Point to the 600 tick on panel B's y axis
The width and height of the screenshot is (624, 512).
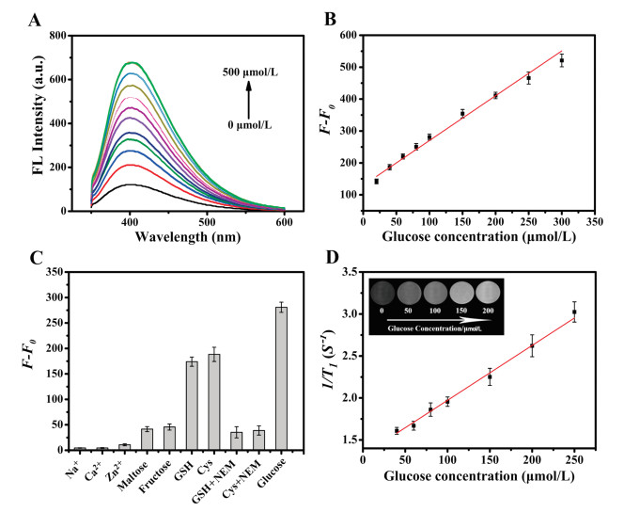pyautogui.click(x=346, y=35)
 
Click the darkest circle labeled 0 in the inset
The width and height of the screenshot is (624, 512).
pyautogui.click(x=400, y=291)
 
